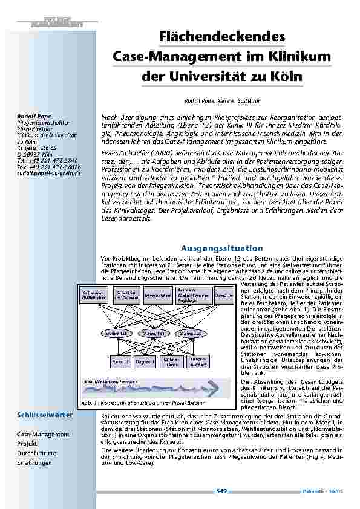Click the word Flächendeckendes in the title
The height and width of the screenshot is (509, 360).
pos(221,37)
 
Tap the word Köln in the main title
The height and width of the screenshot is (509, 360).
pos(285,77)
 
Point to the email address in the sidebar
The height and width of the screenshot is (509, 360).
pos(48,173)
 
